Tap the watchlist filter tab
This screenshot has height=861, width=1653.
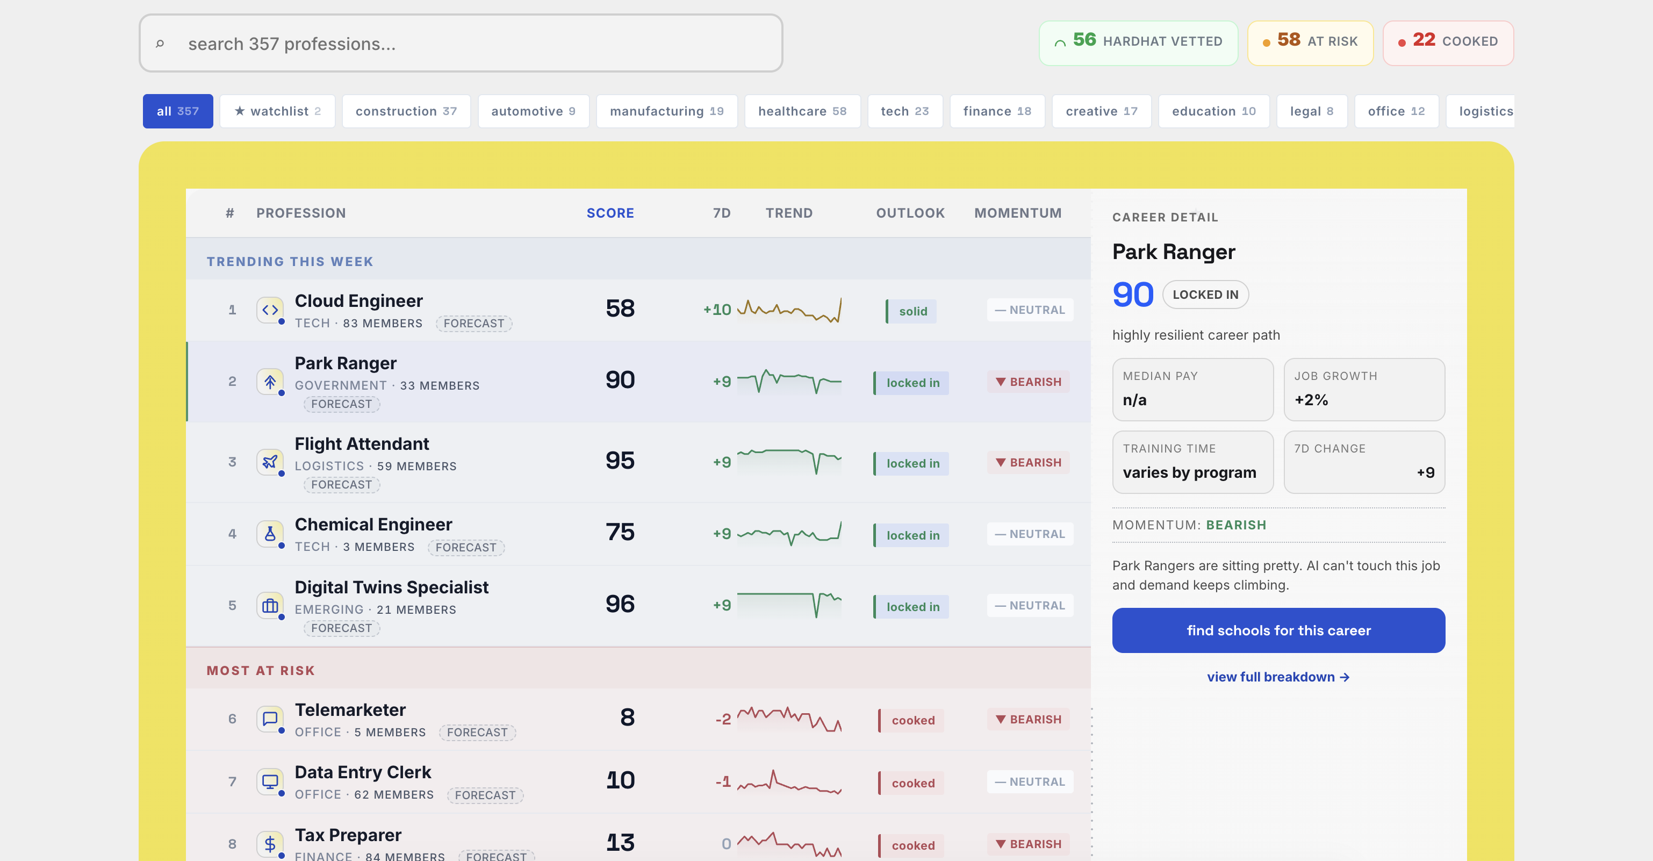click(x=277, y=111)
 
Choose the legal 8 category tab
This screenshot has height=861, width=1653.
click(x=1311, y=111)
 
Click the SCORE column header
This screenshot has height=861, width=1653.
click(x=609, y=213)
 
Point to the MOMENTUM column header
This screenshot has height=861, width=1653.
click(x=1017, y=213)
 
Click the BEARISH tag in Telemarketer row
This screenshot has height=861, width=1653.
click(x=1028, y=719)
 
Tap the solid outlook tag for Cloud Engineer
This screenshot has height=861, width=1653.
click(x=911, y=311)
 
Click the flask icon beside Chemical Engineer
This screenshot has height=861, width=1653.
click(x=270, y=533)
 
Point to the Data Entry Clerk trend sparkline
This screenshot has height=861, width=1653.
click(x=789, y=782)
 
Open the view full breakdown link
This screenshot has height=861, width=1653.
click(x=1277, y=677)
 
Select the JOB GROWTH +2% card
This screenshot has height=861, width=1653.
click(x=1363, y=389)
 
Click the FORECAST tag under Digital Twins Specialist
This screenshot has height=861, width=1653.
click(x=341, y=628)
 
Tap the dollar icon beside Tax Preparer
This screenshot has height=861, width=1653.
click(x=270, y=843)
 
